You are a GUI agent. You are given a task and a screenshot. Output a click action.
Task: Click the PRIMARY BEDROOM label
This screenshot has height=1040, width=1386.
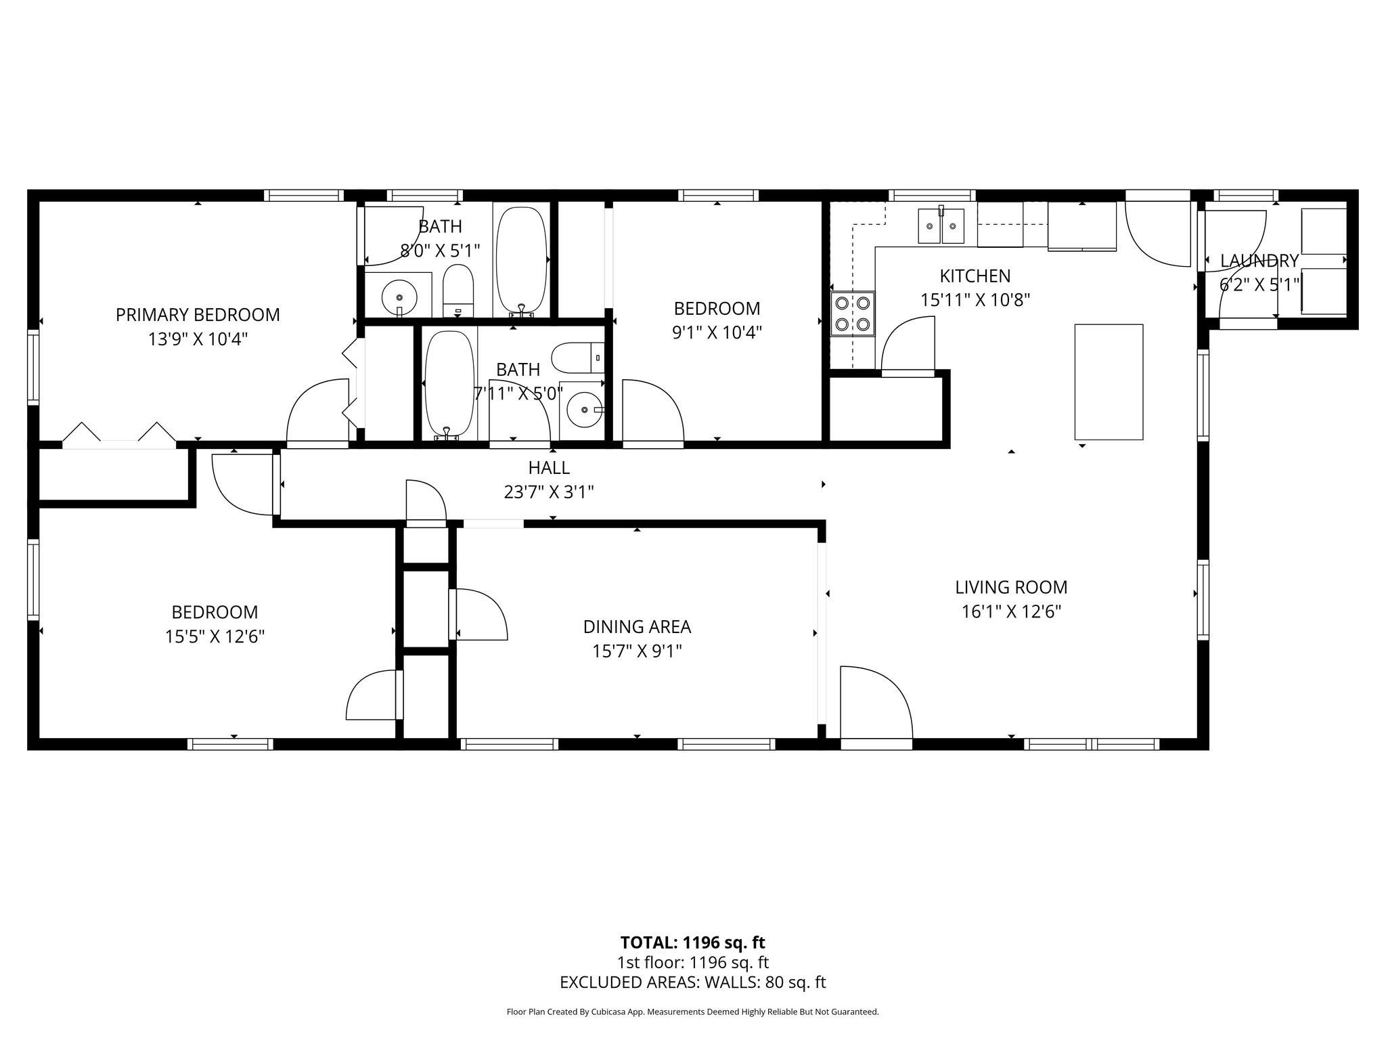coord(198,315)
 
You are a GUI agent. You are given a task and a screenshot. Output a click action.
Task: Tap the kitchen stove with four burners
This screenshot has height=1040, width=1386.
coord(853,313)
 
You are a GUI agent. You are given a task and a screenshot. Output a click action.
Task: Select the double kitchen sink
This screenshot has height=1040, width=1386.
coord(941,226)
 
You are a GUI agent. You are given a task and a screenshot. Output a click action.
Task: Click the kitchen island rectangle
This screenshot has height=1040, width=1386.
coord(1109,382)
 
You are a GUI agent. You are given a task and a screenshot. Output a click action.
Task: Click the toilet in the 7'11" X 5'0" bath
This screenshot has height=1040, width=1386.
coord(575,358)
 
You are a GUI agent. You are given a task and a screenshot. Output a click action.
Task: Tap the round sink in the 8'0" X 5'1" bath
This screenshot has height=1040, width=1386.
coord(399,297)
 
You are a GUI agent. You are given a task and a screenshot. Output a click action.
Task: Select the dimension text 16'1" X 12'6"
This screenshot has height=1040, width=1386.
coord(1011,612)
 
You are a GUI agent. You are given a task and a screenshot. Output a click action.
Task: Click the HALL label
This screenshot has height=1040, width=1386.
coord(549,468)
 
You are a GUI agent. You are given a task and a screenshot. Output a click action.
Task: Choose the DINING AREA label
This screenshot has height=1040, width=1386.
coord(637,627)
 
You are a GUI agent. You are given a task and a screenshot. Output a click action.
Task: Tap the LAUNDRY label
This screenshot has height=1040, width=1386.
coord(1259,261)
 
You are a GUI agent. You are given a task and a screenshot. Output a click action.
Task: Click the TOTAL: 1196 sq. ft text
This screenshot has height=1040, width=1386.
coord(692,942)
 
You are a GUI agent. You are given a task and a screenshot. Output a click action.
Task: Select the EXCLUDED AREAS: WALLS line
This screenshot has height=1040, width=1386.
coord(692,982)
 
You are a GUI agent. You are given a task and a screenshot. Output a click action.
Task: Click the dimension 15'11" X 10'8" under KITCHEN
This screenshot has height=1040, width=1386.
coord(975,300)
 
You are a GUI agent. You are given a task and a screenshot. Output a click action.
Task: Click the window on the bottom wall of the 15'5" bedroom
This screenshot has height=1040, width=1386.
coord(230,744)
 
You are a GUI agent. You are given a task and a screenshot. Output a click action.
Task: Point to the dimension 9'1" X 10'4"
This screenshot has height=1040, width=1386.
coord(717,332)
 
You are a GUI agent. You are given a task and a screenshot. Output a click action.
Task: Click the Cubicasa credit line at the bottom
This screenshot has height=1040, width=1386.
coord(692,1012)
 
